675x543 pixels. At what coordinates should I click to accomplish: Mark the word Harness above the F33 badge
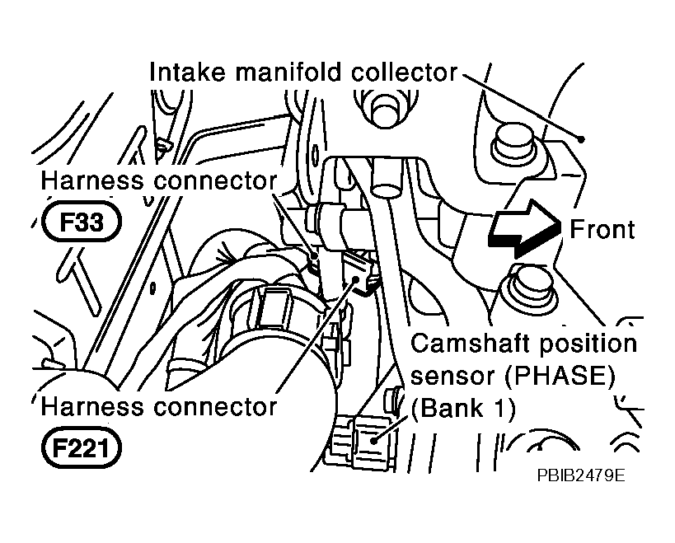tap(92, 180)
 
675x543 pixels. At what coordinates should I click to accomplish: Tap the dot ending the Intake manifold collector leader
tap(582, 138)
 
